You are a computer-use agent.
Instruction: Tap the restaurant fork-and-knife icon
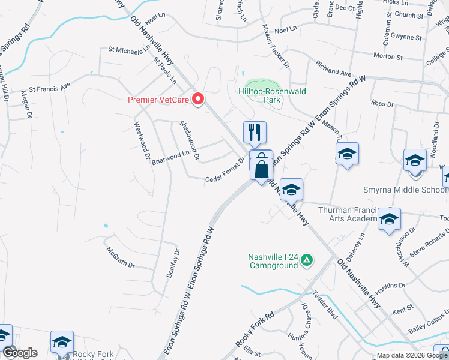(255, 131)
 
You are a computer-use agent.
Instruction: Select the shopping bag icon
(261, 164)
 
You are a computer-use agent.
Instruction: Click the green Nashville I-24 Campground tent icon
(307, 260)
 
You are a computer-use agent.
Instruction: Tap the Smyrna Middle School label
(406, 190)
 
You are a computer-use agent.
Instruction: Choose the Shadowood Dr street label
(189, 142)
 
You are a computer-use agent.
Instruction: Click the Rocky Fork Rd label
(255, 330)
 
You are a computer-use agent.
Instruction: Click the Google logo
(20, 353)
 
